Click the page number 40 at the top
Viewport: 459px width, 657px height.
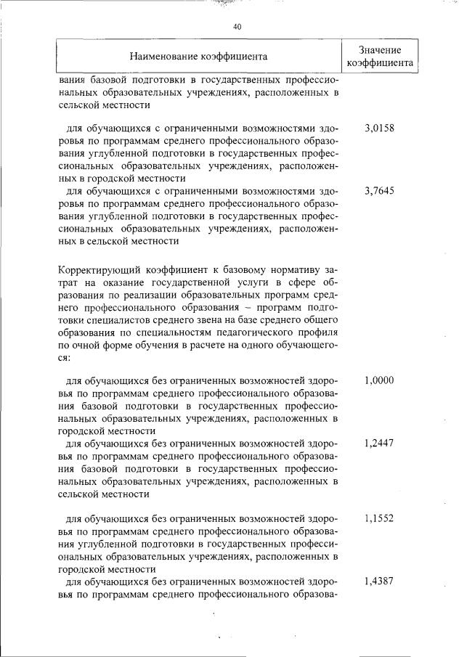[x=237, y=27]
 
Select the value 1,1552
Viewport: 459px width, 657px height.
[x=378, y=519]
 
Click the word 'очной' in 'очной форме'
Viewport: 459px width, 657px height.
[x=83, y=346]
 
